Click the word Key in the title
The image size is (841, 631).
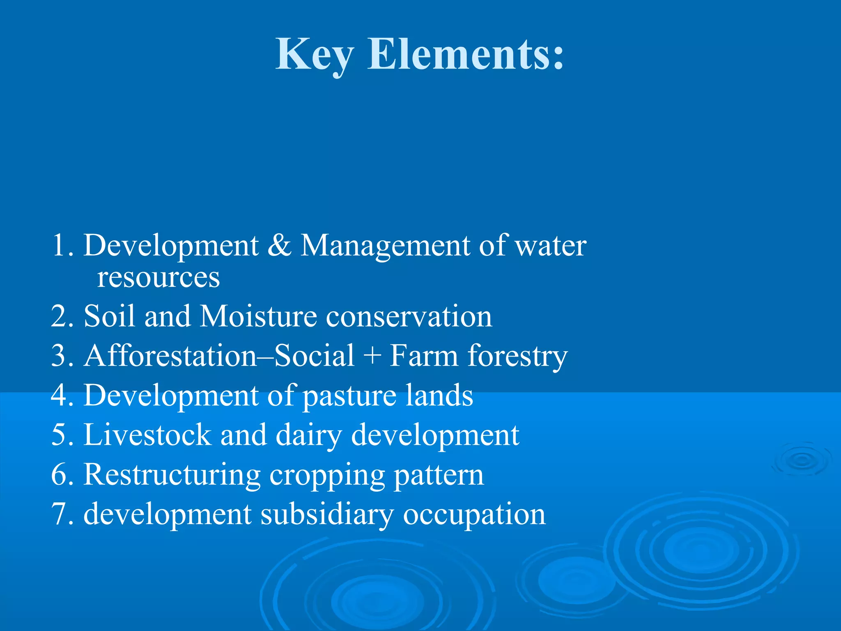314,55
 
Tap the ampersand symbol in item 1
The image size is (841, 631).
279,245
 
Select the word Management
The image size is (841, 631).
385,246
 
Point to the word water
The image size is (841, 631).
550,246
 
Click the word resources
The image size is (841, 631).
158,278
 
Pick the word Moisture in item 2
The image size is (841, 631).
258,316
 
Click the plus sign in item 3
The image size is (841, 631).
372,356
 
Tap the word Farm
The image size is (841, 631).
423,355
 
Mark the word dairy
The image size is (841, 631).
308,435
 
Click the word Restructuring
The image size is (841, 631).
172,475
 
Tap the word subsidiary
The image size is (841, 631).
327,515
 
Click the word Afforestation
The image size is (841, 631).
170,355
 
